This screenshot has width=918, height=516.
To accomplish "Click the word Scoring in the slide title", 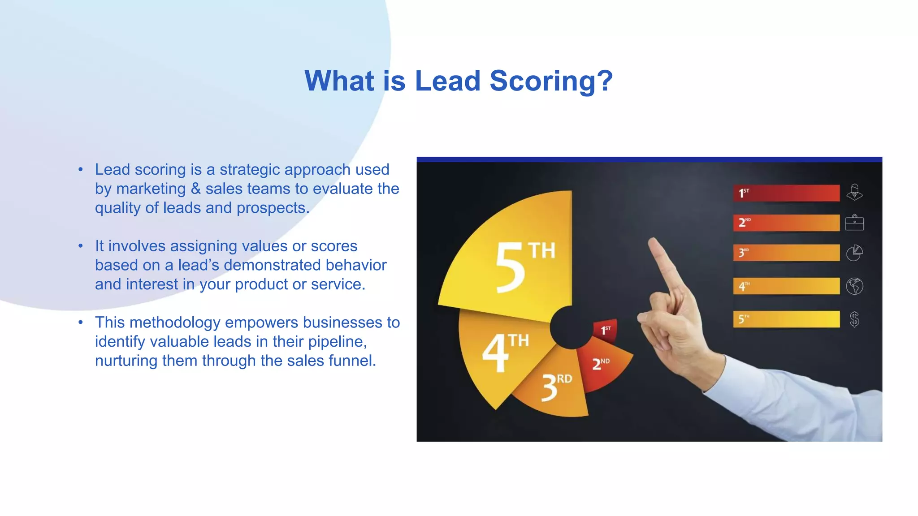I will tap(551, 81).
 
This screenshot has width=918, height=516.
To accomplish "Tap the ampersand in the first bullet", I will tap(195, 189).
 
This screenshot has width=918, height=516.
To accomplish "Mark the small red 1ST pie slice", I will tap(606, 331).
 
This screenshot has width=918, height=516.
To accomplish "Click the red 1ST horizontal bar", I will tap(786, 193).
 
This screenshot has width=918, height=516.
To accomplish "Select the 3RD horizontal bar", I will tap(786, 253).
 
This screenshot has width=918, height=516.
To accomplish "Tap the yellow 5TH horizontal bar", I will tap(786, 319).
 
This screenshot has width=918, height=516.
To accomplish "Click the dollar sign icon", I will tap(854, 319).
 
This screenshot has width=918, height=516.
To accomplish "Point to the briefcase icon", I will tap(854, 223).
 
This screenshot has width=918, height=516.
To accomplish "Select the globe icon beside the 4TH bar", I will tap(854, 286).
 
